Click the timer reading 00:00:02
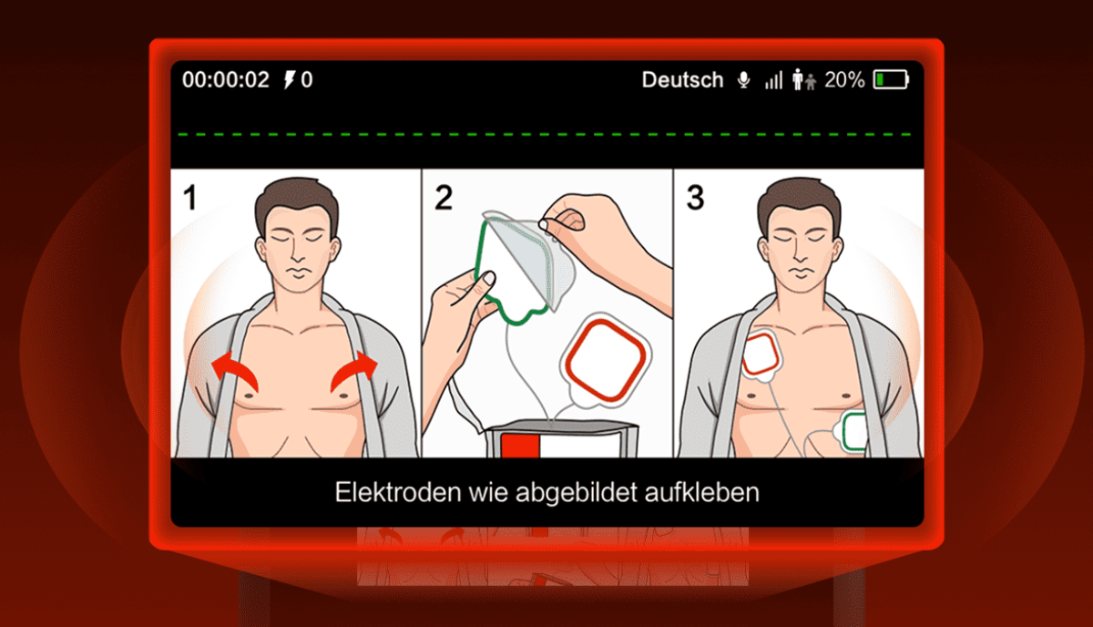226,79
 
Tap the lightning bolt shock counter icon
290,79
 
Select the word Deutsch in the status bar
682,79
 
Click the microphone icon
743,80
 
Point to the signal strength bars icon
773,80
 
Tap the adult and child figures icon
803,79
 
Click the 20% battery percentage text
844,79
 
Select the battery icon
891,79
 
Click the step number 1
189,198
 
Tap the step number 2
443,198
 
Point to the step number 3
695,198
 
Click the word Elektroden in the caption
398,492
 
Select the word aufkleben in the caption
702,492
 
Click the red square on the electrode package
520,446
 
